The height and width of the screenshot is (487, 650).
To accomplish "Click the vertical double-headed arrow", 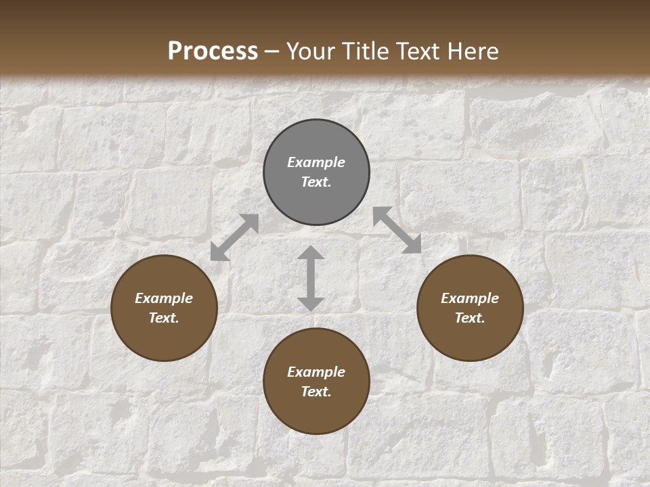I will pos(311,278).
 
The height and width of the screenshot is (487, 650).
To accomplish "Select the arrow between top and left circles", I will pos(234,237).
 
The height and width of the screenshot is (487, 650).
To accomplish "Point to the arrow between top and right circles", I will pos(397,230).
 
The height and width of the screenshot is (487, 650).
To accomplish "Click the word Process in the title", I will pos(213,51).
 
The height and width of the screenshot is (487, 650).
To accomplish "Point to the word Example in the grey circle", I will pos(316,162).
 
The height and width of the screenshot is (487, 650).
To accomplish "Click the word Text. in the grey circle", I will pos(316,182).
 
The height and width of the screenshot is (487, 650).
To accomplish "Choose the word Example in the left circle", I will pos(164,298).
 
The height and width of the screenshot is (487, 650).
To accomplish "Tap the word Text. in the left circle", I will pos(164,318).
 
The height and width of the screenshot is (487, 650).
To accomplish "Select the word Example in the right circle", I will pos(470,298).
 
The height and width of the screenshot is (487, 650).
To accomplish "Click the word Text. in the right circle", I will pos(470,318).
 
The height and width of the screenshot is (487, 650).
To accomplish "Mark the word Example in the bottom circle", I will pos(316,372).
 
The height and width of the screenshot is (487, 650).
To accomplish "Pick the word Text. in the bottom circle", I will pos(316,392).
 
